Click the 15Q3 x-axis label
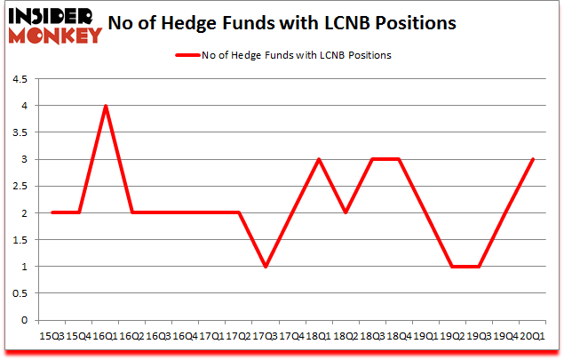pyautogui.click(x=52, y=335)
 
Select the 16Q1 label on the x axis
pyautogui.click(x=106, y=335)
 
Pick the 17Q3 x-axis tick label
pyautogui.click(x=265, y=335)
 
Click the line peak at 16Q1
pyautogui.click(x=106, y=106)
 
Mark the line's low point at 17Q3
pyautogui.click(x=265, y=267)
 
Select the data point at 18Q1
pyautogui.click(x=318, y=159)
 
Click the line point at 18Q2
pyautogui.click(x=345, y=213)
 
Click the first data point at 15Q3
pyautogui.click(x=52, y=213)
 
